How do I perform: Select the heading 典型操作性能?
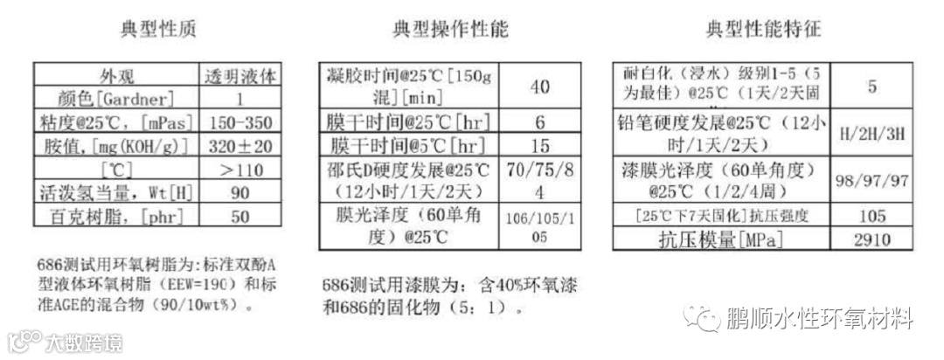click(x=450, y=30)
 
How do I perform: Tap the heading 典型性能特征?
click(x=764, y=30)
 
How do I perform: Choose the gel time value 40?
click(x=539, y=87)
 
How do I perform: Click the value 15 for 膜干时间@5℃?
click(x=539, y=145)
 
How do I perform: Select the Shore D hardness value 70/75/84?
click(x=539, y=179)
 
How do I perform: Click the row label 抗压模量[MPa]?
click(x=720, y=239)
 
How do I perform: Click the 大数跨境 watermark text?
click(x=84, y=341)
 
